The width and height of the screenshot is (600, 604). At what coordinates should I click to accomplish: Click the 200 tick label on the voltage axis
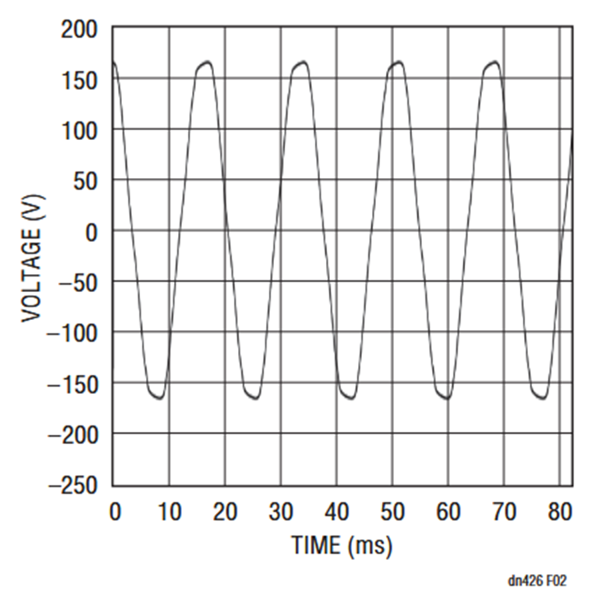point(80,29)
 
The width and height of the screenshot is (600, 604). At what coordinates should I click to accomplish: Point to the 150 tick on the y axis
point(80,80)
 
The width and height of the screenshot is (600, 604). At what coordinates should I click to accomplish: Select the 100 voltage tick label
point(80,131)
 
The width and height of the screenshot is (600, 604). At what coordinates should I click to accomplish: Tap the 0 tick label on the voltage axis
point(91,231)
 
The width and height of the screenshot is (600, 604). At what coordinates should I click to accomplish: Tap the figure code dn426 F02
point(538,581)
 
